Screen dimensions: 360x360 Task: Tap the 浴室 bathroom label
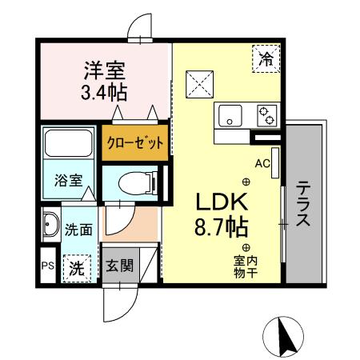click(68, 181)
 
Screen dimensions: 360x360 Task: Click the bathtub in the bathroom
click(68, 144)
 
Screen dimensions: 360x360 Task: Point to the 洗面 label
click(78, 229)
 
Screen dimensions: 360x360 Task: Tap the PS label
click(46, 266)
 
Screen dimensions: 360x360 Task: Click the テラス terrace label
click(304, 204)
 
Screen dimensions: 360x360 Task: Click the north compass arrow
click(285, 334)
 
